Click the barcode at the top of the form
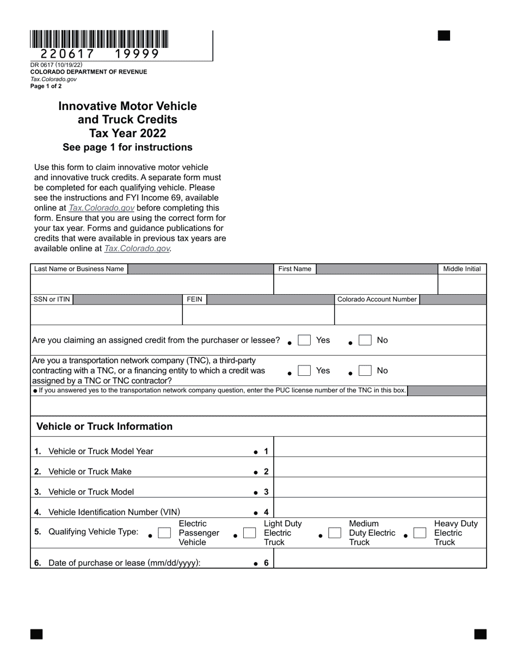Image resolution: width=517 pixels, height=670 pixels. click(99, 39)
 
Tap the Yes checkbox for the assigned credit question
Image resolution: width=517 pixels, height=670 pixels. click(304, 340)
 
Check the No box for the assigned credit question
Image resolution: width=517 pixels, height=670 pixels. click(365, 340)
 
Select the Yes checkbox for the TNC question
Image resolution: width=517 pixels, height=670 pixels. click(304, 371)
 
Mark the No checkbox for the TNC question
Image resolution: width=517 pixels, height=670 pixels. click(365, 371)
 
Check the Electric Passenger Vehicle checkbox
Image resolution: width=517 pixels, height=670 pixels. click(164, 533)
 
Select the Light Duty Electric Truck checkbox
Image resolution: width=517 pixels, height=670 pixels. click(249, 533)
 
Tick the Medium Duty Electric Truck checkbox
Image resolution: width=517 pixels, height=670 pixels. click(335, 533)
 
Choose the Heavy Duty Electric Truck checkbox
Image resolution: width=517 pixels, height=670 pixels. click(420, 533)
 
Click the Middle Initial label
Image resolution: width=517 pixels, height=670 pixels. click(462, 269)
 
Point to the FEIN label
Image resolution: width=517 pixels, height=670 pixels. click(194, 300)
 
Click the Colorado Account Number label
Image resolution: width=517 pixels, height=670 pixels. click(377, 300)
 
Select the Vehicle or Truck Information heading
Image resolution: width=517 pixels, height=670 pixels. click(104, 427)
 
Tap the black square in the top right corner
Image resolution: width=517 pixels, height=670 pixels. click(444, 36)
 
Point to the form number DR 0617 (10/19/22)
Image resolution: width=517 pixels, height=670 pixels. click(57, 65)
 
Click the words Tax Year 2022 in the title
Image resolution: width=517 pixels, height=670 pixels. click(127, 133)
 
